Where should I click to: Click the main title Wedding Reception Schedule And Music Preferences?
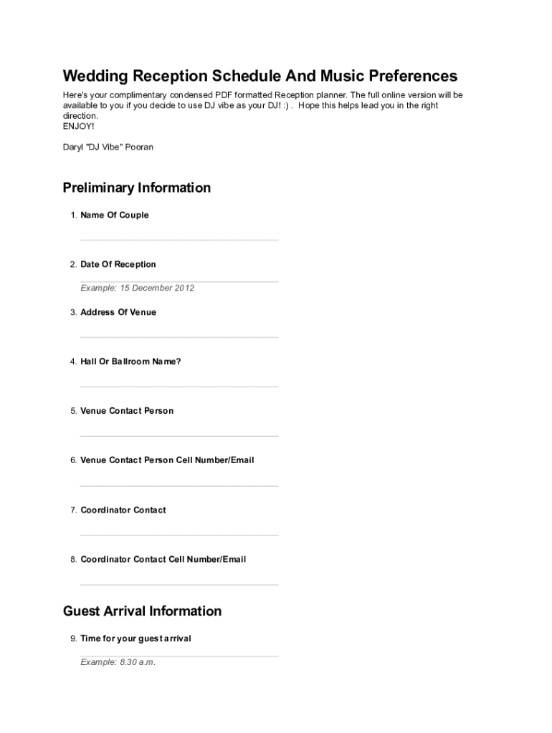tap(260, 76)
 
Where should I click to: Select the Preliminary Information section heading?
tap(136, 188)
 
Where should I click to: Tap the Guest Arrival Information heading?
tap(142, 611)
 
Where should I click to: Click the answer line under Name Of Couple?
tap(179, 240)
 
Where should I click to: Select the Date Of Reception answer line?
tap(179, 281)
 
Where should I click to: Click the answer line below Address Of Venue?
tap(179, 337)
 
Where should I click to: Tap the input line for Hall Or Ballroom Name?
tap(179, 387)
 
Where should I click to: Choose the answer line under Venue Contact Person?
tap(179, 436)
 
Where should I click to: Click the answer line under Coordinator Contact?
tap(179, 535)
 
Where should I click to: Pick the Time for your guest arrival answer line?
tap(179, 656)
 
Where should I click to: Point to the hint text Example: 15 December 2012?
tap(137, 288)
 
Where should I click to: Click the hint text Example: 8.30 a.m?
tap(118, 662)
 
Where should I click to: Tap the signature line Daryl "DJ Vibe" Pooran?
tap(108, 147)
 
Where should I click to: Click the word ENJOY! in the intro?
tap(78, 126)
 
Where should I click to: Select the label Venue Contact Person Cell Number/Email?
tap(167, 460)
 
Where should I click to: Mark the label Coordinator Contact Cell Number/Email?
tap(163, 559)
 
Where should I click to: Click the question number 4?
tap(72, 361)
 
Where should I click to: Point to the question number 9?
tap(72, 639)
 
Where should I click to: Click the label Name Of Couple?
tap(114, 215)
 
